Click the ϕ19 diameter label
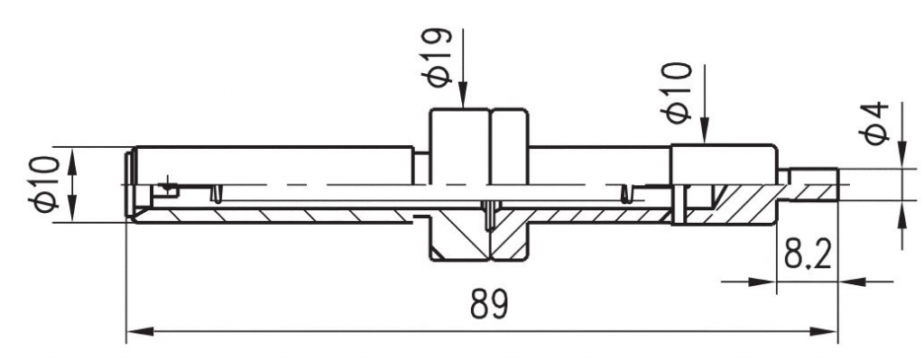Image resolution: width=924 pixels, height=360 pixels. click(437, 57)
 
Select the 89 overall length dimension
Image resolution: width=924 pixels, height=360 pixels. click(489, 305)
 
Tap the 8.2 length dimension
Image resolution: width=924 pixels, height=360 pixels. click(808, 255)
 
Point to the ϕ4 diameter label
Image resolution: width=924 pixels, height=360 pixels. click(873, 123)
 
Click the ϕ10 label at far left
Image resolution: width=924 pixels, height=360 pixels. click(43, 183)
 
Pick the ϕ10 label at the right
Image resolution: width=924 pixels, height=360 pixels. click(679, 93)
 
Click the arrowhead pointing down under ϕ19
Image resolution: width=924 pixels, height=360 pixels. click(463, 96)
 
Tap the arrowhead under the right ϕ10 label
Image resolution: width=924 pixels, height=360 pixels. click(704, 131)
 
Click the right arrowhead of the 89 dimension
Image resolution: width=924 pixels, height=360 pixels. click(824, 332)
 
